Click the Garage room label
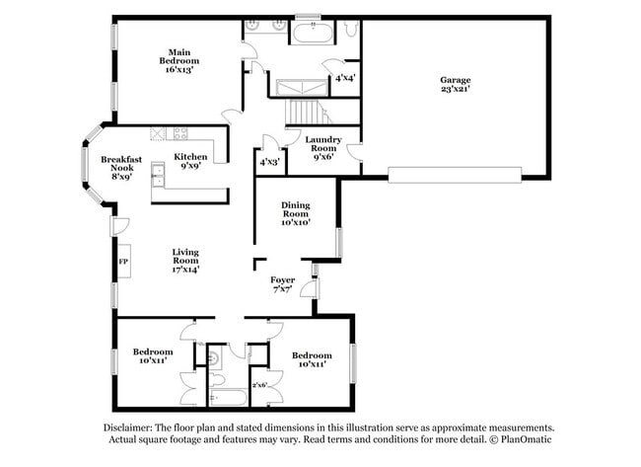point(455,85)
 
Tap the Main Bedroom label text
point(178,61)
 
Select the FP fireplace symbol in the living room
point(123,262)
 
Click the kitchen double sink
point(158,177)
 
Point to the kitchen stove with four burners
point(181,132)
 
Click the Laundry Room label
point(322,145)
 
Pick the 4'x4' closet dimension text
point(345,77)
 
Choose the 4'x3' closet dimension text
point(268,161)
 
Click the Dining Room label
point(296,214)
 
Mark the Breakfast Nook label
point(121,168)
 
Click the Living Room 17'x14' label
point(185,260)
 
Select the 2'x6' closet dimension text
point(260,384)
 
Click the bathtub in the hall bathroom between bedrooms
point(229,400)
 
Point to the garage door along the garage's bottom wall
point(455,175)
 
